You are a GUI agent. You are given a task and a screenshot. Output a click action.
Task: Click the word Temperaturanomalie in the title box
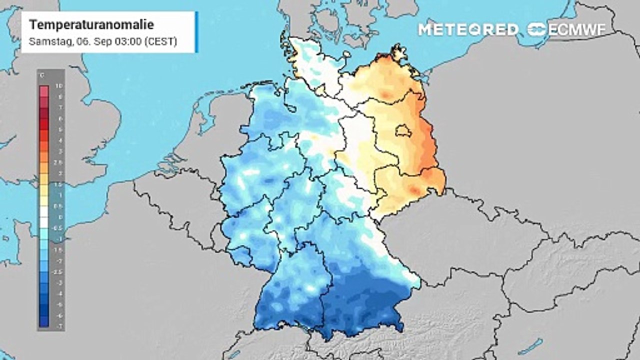point(91,24)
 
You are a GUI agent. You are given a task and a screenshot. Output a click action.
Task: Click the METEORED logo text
point(468,29)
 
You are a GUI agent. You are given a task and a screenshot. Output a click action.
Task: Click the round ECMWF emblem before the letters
point(537,29)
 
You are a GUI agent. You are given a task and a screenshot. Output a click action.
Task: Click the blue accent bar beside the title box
point(196,32)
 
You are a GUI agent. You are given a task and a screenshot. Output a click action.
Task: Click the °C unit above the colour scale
point(42,75)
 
